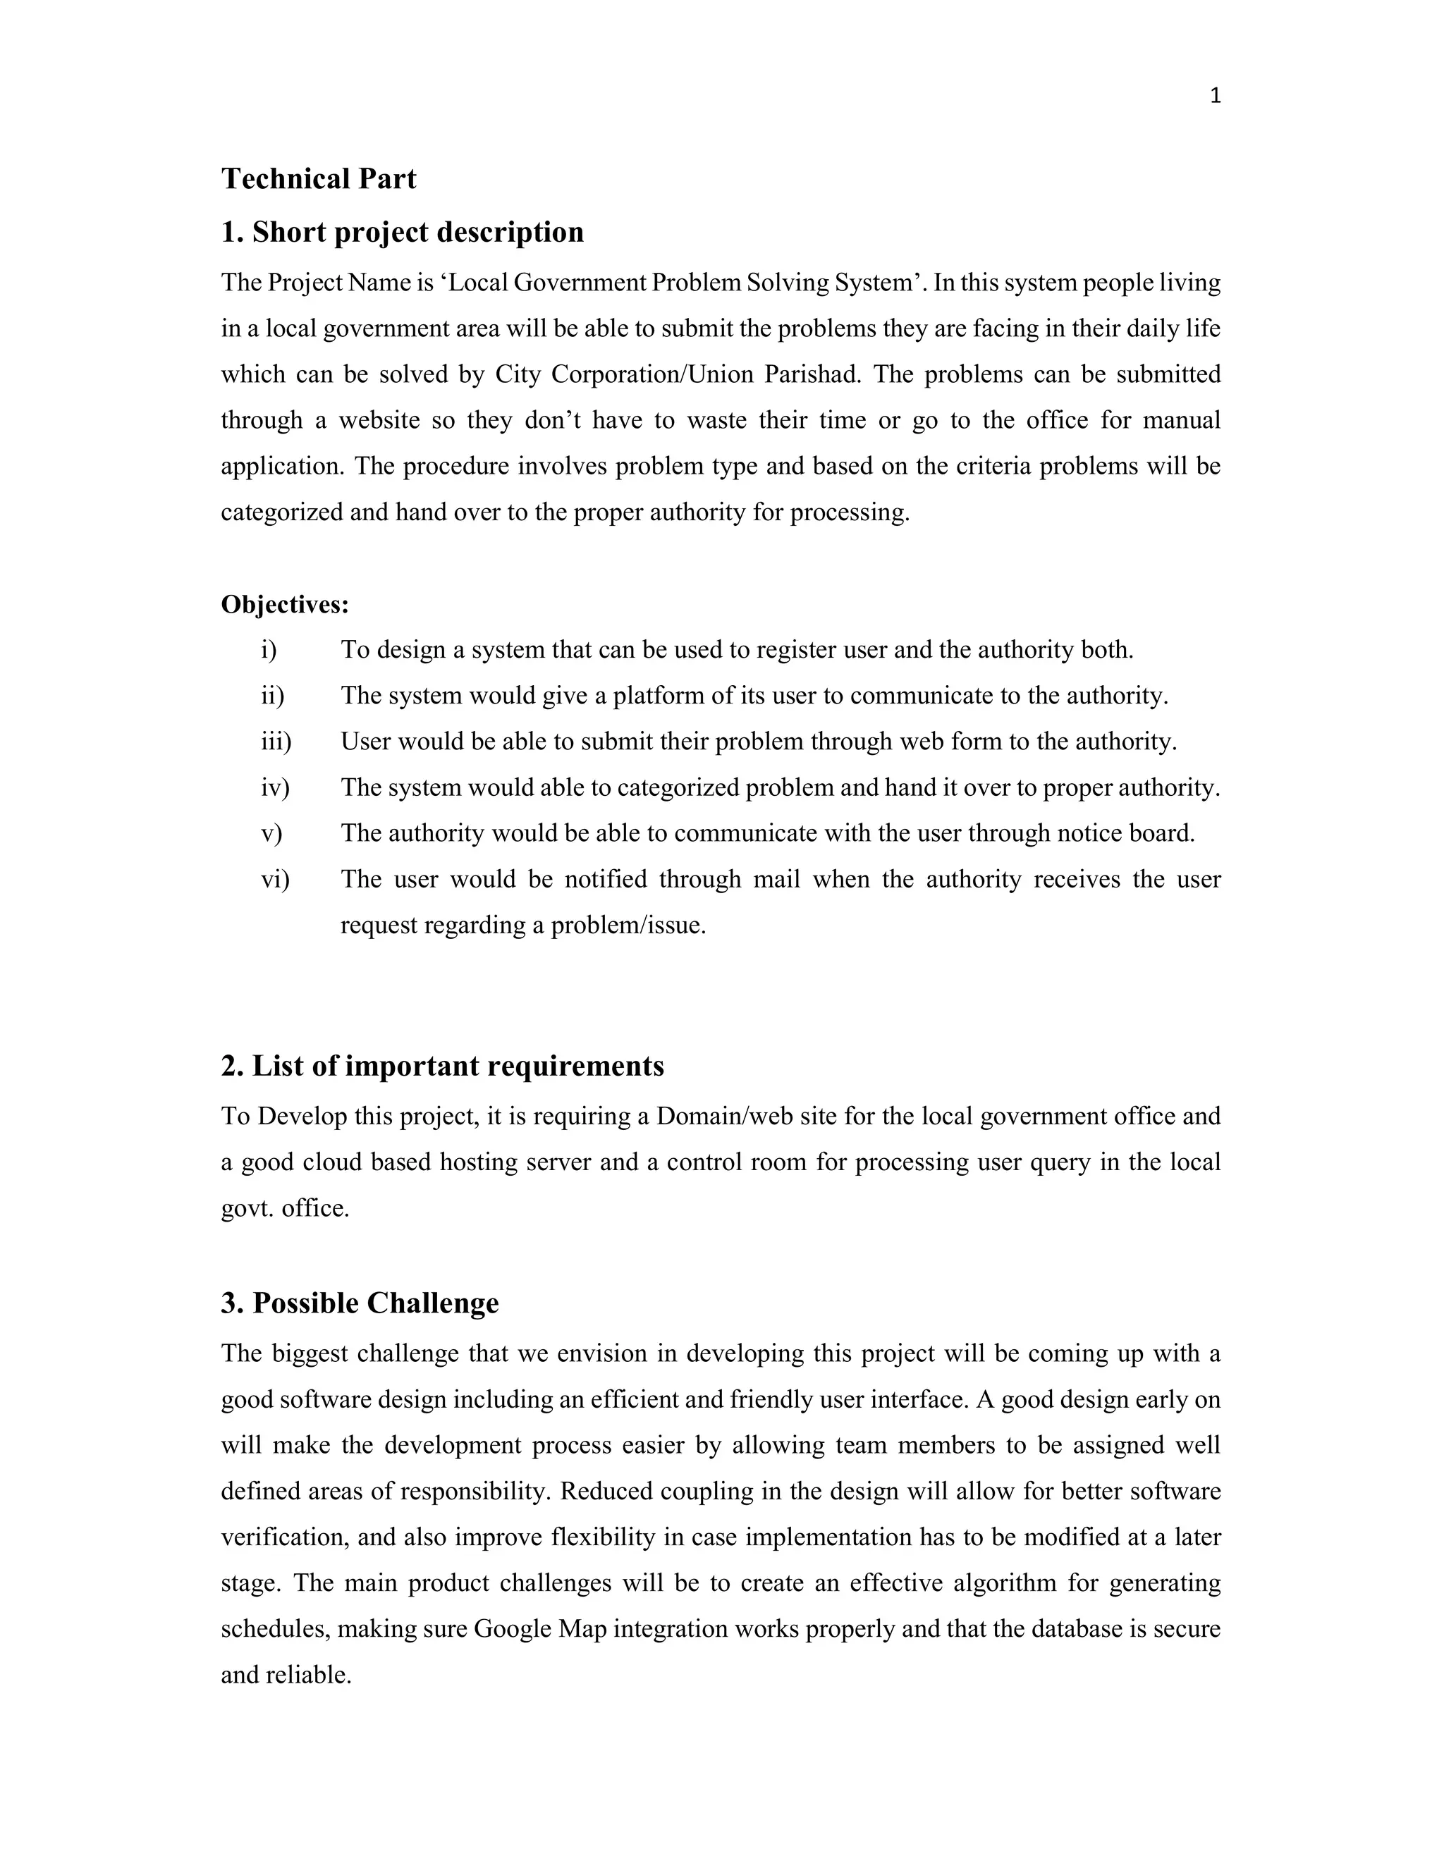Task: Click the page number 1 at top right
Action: point(1216,97)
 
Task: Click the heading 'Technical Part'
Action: point(318,179)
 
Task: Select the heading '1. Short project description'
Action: point(402,232)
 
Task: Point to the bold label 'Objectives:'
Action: point(285,605)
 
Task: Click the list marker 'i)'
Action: point(269,650)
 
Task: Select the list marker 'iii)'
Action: point(276,742)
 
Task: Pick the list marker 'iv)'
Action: point(274,788)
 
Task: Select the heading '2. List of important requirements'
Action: point(442,1067)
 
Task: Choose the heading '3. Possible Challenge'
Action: point(360,1303)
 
